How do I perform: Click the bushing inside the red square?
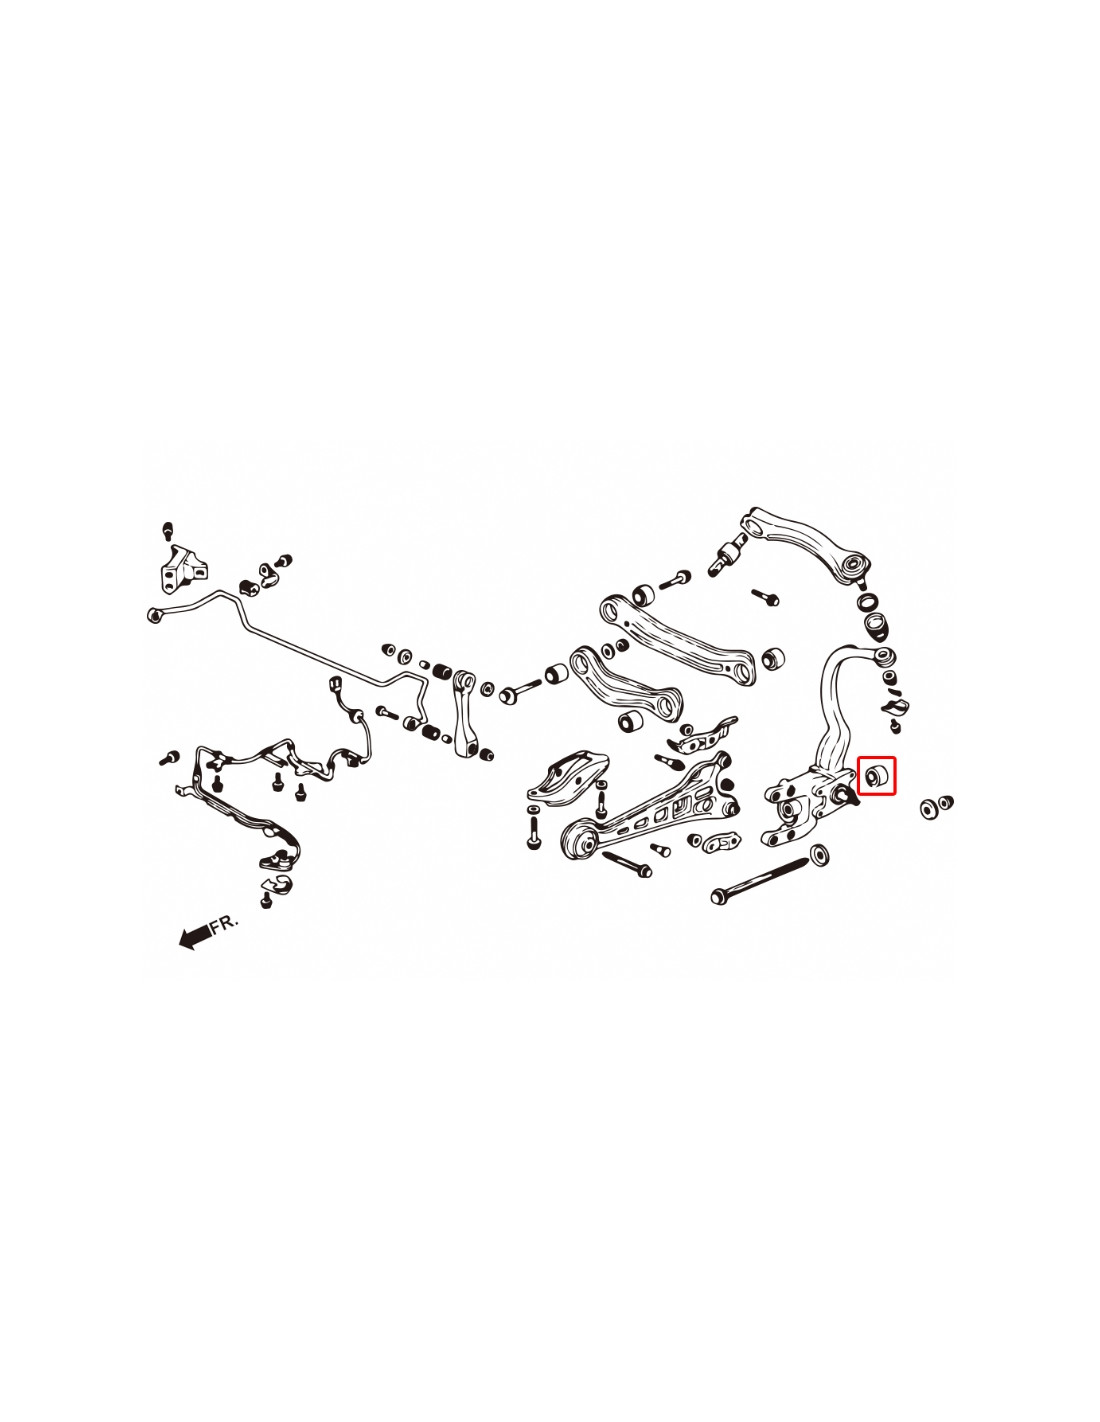pos(877,775)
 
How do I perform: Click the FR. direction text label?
pos(225,923)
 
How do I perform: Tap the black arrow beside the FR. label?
pos(195,936)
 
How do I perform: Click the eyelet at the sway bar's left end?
pos(155,615)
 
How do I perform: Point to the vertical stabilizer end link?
pos(467,714)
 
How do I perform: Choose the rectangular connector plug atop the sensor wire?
pos(336,685)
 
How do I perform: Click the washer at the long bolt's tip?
pos(819,853)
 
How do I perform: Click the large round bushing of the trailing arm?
pos(578,839)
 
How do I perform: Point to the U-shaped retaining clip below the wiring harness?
pos(279,884)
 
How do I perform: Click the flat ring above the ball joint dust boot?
pos(868,602)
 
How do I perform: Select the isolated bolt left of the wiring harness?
pos(168,757)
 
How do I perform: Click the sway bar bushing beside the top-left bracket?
pos(249,584)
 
